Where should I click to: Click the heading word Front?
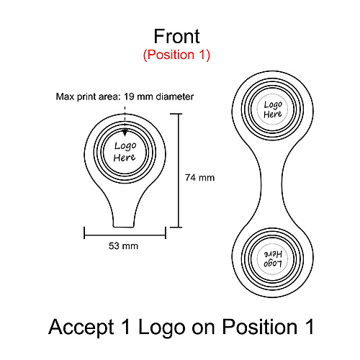tap(176, 37)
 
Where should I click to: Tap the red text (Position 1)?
tap(176, 55)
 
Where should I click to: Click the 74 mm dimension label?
tap(199, 178)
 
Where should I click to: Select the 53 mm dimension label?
tap(123, 246)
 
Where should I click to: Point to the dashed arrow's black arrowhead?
tap(125, 132)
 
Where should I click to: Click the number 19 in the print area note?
tap(129, 96)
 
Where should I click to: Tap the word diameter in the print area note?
tap(175, 96)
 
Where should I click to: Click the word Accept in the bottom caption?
tap(81, 328)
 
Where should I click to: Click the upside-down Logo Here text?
tap(273, 259)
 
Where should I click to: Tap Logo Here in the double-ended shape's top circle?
tap(273, 109)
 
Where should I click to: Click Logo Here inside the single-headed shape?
tap(125, 152)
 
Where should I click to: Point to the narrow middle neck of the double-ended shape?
tap(272, 185)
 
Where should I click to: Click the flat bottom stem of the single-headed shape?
tap(123, 226)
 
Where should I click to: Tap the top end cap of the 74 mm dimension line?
tap(176, 114)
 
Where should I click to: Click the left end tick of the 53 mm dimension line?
tap(84, 233)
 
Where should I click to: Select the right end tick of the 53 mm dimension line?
tap(166, 233)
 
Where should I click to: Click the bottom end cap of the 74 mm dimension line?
tap(176, 227)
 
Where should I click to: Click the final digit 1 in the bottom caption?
tap(310, 326)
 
